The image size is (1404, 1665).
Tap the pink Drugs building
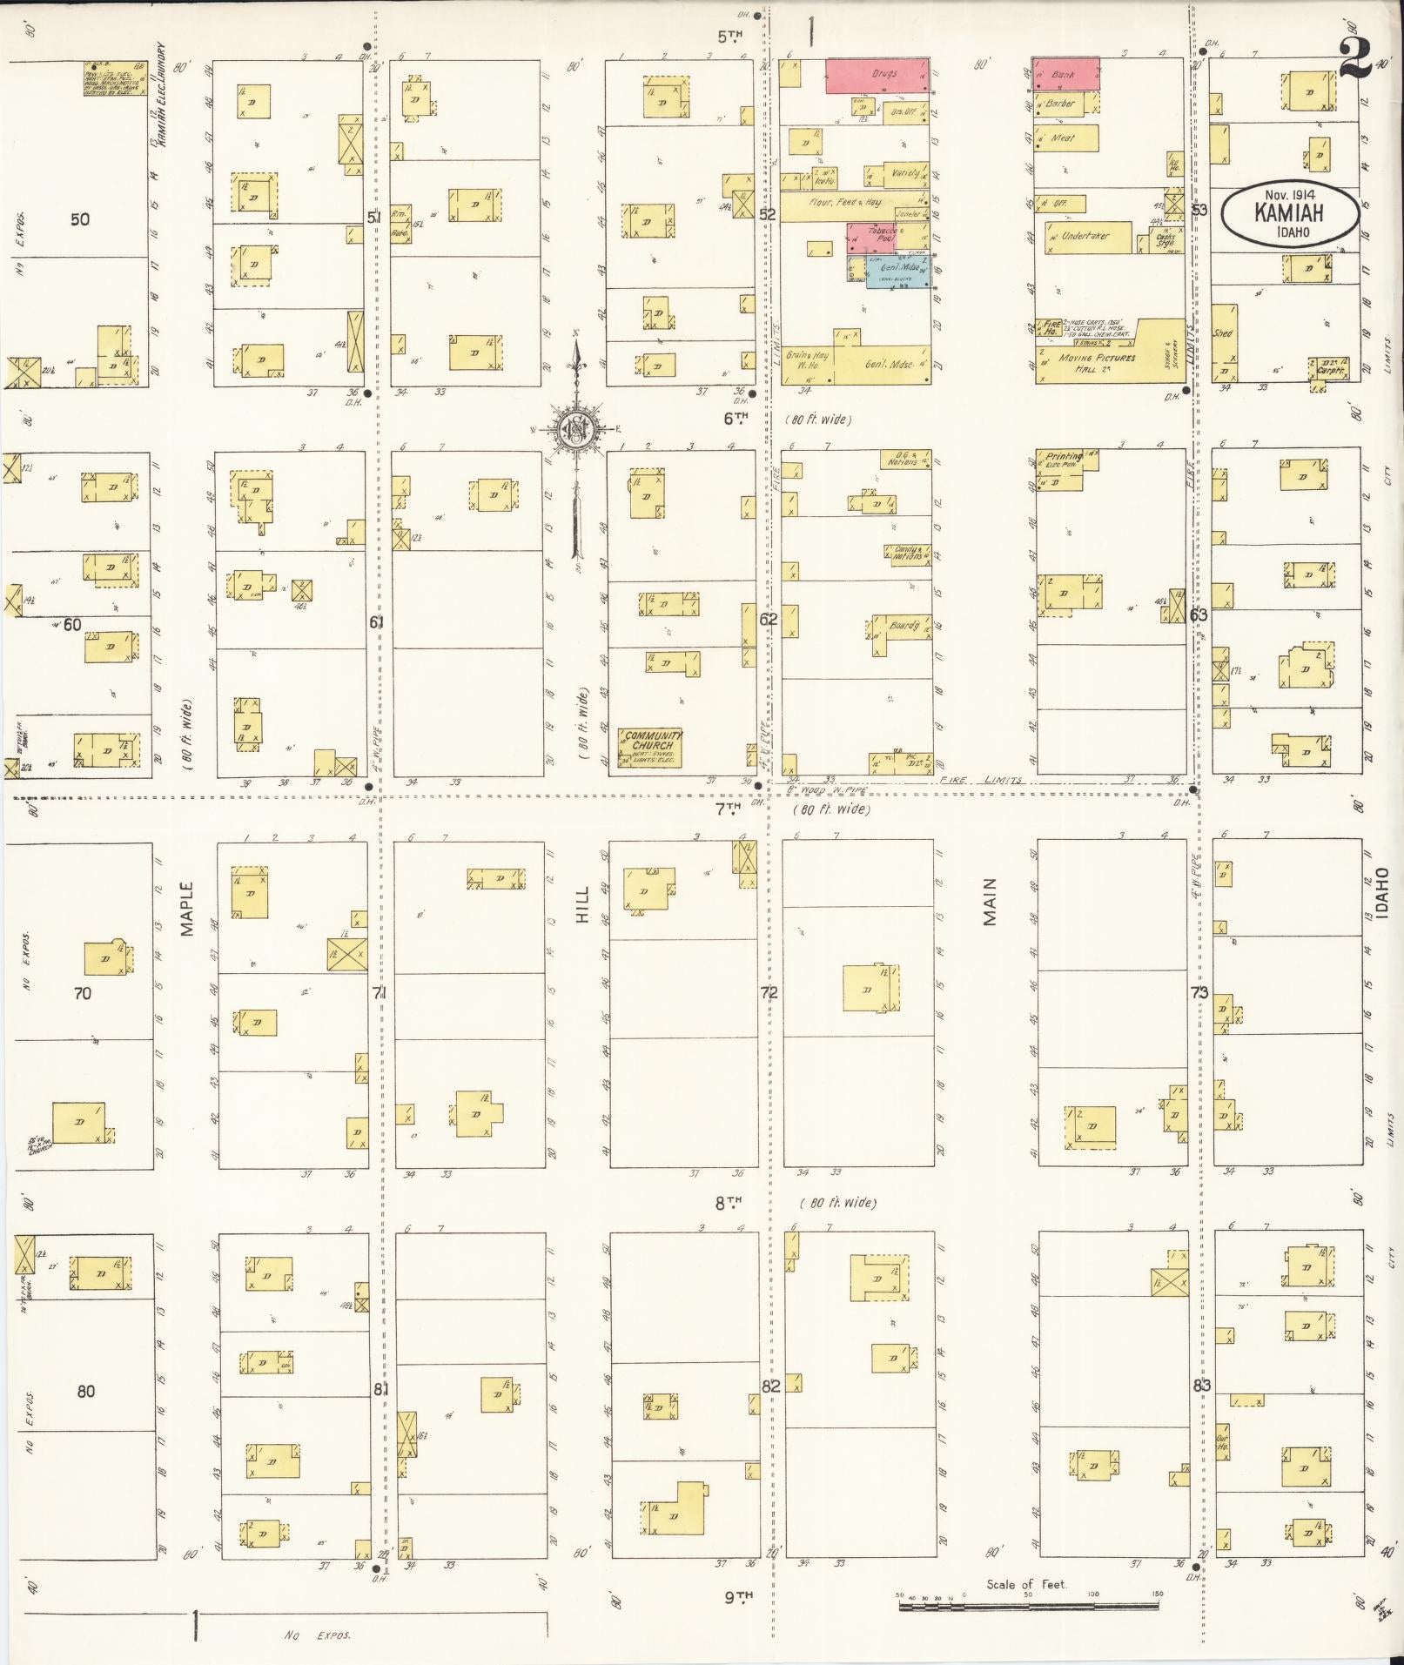pyautogui.click(x=877, y=75)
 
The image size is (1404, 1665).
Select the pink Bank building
pyautogui.click(x=1065, y=74)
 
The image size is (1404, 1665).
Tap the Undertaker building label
pyautogui.click(x=1087, y=237)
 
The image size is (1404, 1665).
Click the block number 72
pyautogui.click(x=769, y=992)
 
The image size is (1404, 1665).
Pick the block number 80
pyautogui.click(x=85, y=1391)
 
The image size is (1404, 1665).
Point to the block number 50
pyautogui.click(x=79, y=219)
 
